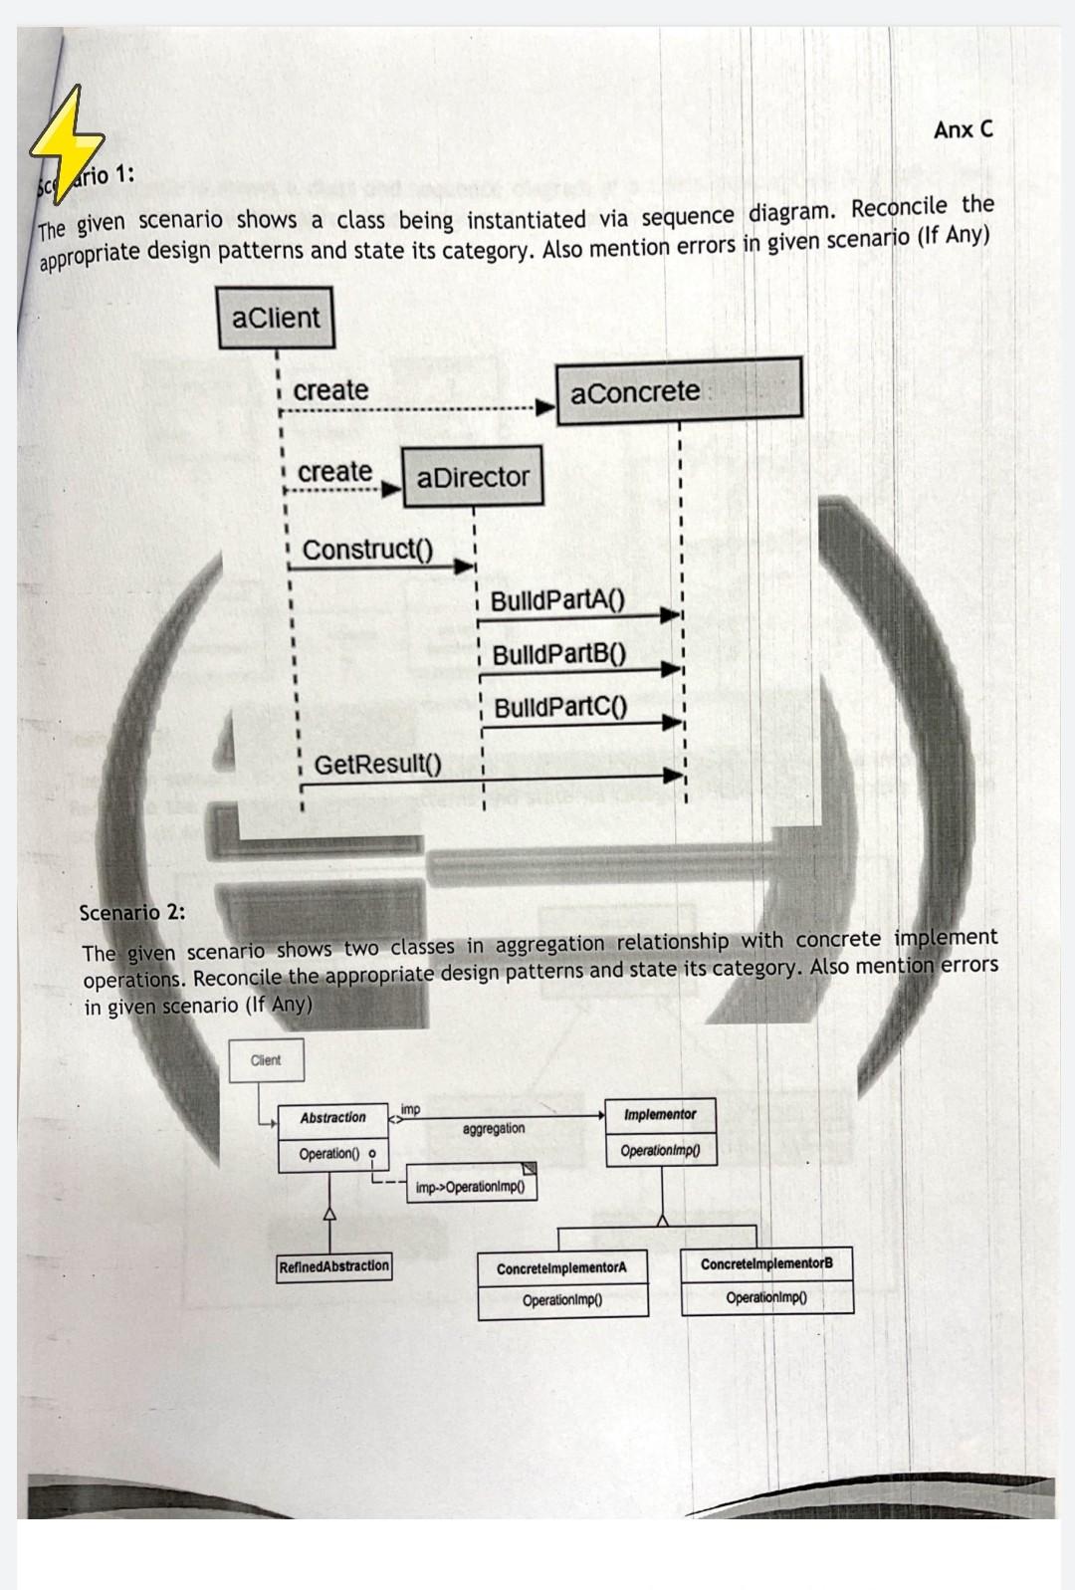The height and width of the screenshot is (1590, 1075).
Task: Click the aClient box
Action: point(276,318)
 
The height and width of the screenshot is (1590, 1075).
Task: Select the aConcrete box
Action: point(678,391)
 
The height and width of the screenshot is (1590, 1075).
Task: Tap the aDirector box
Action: point(473,477)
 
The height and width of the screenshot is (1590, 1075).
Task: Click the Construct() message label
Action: point(367,550)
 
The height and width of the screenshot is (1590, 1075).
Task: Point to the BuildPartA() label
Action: point(556,600)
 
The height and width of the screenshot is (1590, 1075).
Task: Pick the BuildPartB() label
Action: point(558,654)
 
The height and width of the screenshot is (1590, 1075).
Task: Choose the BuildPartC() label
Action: point(560,707)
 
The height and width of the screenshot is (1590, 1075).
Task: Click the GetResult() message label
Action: point(377,764)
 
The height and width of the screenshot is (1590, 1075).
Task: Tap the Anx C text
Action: point(963,129)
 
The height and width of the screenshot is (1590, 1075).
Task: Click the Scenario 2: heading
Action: point(132,912)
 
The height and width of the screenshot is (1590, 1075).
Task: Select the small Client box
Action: point(266,1060)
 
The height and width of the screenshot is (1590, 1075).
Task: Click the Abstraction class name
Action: point(332,1118)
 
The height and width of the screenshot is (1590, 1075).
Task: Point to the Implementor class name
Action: point(660,1114)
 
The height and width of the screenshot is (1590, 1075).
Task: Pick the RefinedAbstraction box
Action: point(334,1266)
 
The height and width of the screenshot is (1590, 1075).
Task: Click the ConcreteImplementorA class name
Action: point(562,1268)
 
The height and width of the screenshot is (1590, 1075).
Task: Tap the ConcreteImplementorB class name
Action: point(766,1263)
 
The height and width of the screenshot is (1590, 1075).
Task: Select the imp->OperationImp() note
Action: point(471,1187)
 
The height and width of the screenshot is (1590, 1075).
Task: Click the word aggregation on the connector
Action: point(494,1128)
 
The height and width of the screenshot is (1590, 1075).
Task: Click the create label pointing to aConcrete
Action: point(330,390)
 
